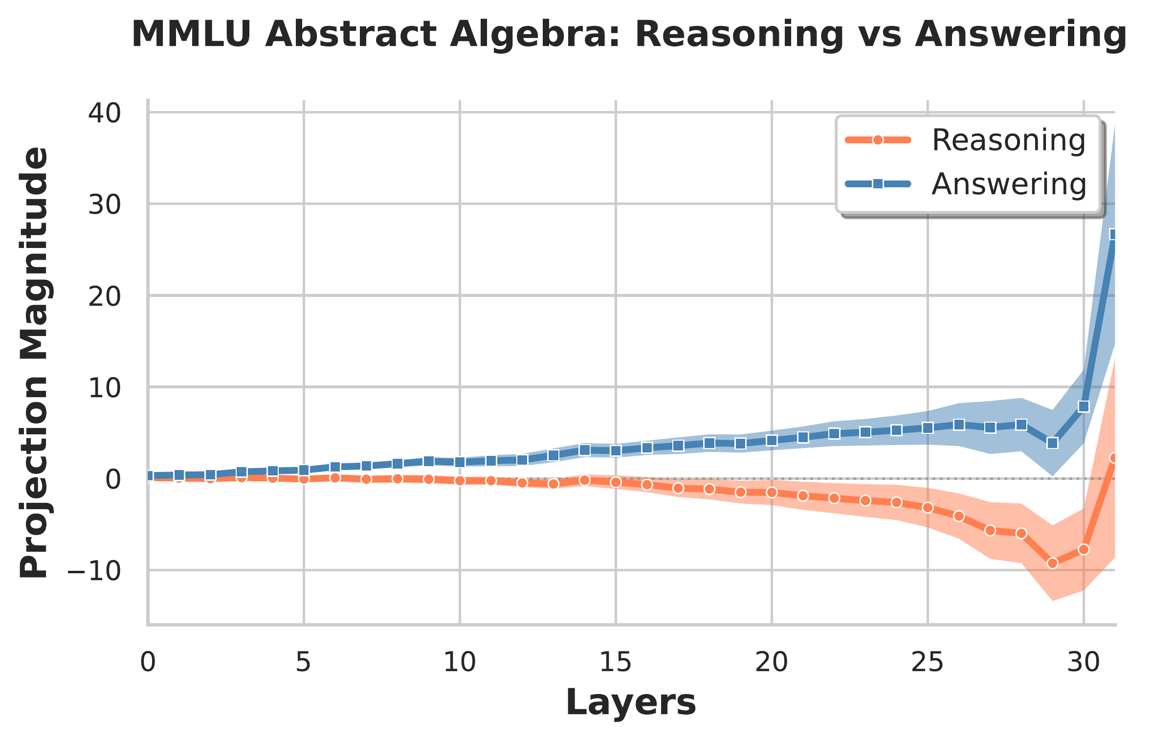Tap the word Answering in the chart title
pyautogui.click(x=1020, y=35)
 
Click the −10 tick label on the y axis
pyautogui.click(x=94, y=570)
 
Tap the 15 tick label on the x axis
pyautogui.click(x=615, y=663)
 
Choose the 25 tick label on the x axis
pyautogui.click(x=927, y=663)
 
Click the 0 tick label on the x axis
pyautogui.click(x=148, y=663)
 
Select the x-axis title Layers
pyautogui.click(x=631, y=703)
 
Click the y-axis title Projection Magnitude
pyautogui.click(x=34, y=362)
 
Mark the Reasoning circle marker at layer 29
pyautogui.click(x=1053, y=563)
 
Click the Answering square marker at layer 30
pyautogui.click(x=1084, y=406)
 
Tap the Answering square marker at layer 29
pyautogui.click(x=1053, y=443)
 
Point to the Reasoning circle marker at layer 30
pyautogui.click(x=1084, y=549)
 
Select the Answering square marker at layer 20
pyautogui.click(x=772, y=440)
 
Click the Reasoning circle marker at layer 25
pyautogui.click(x=928, y=508)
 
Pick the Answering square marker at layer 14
pyautogui.click(x=584, y=450)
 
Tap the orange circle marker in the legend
pyautogui.click(x=878, y=140)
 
